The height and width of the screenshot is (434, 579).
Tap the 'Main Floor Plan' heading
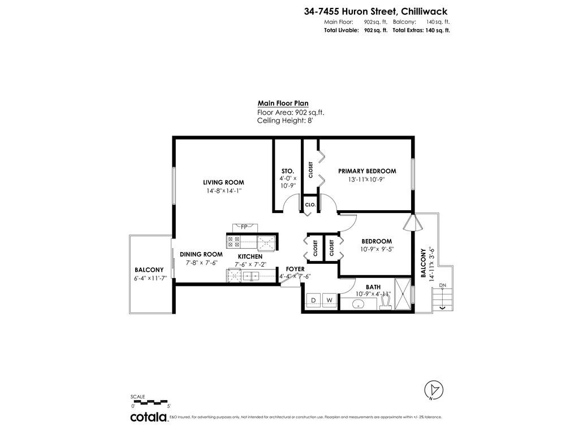click(x=283, y=103)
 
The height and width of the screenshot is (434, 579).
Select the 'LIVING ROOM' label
click(x=223, y=183)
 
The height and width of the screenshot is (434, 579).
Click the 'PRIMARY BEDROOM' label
click(x=367, y=171)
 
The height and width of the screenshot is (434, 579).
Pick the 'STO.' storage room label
click(x=287, y=171)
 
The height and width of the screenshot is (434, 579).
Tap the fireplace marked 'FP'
click(x=244, y=227)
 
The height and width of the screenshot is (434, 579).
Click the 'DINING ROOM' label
click(x=201, y=255)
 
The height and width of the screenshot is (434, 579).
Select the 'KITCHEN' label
click(x=250, y=257)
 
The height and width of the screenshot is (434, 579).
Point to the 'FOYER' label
click(x=295, y=269)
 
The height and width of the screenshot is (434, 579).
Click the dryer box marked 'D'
click(x=313, y=300)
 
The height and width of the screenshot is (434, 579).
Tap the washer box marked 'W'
click(x=329, y=300)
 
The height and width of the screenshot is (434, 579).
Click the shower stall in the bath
click(x=403, y=294)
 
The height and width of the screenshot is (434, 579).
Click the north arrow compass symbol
click(x=434, y=390)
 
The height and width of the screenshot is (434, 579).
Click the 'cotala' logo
click(x=149, y=418)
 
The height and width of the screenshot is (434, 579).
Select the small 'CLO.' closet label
click(x=310, y=205)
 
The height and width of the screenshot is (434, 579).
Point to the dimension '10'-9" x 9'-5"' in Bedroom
click(x=377, y=249)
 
